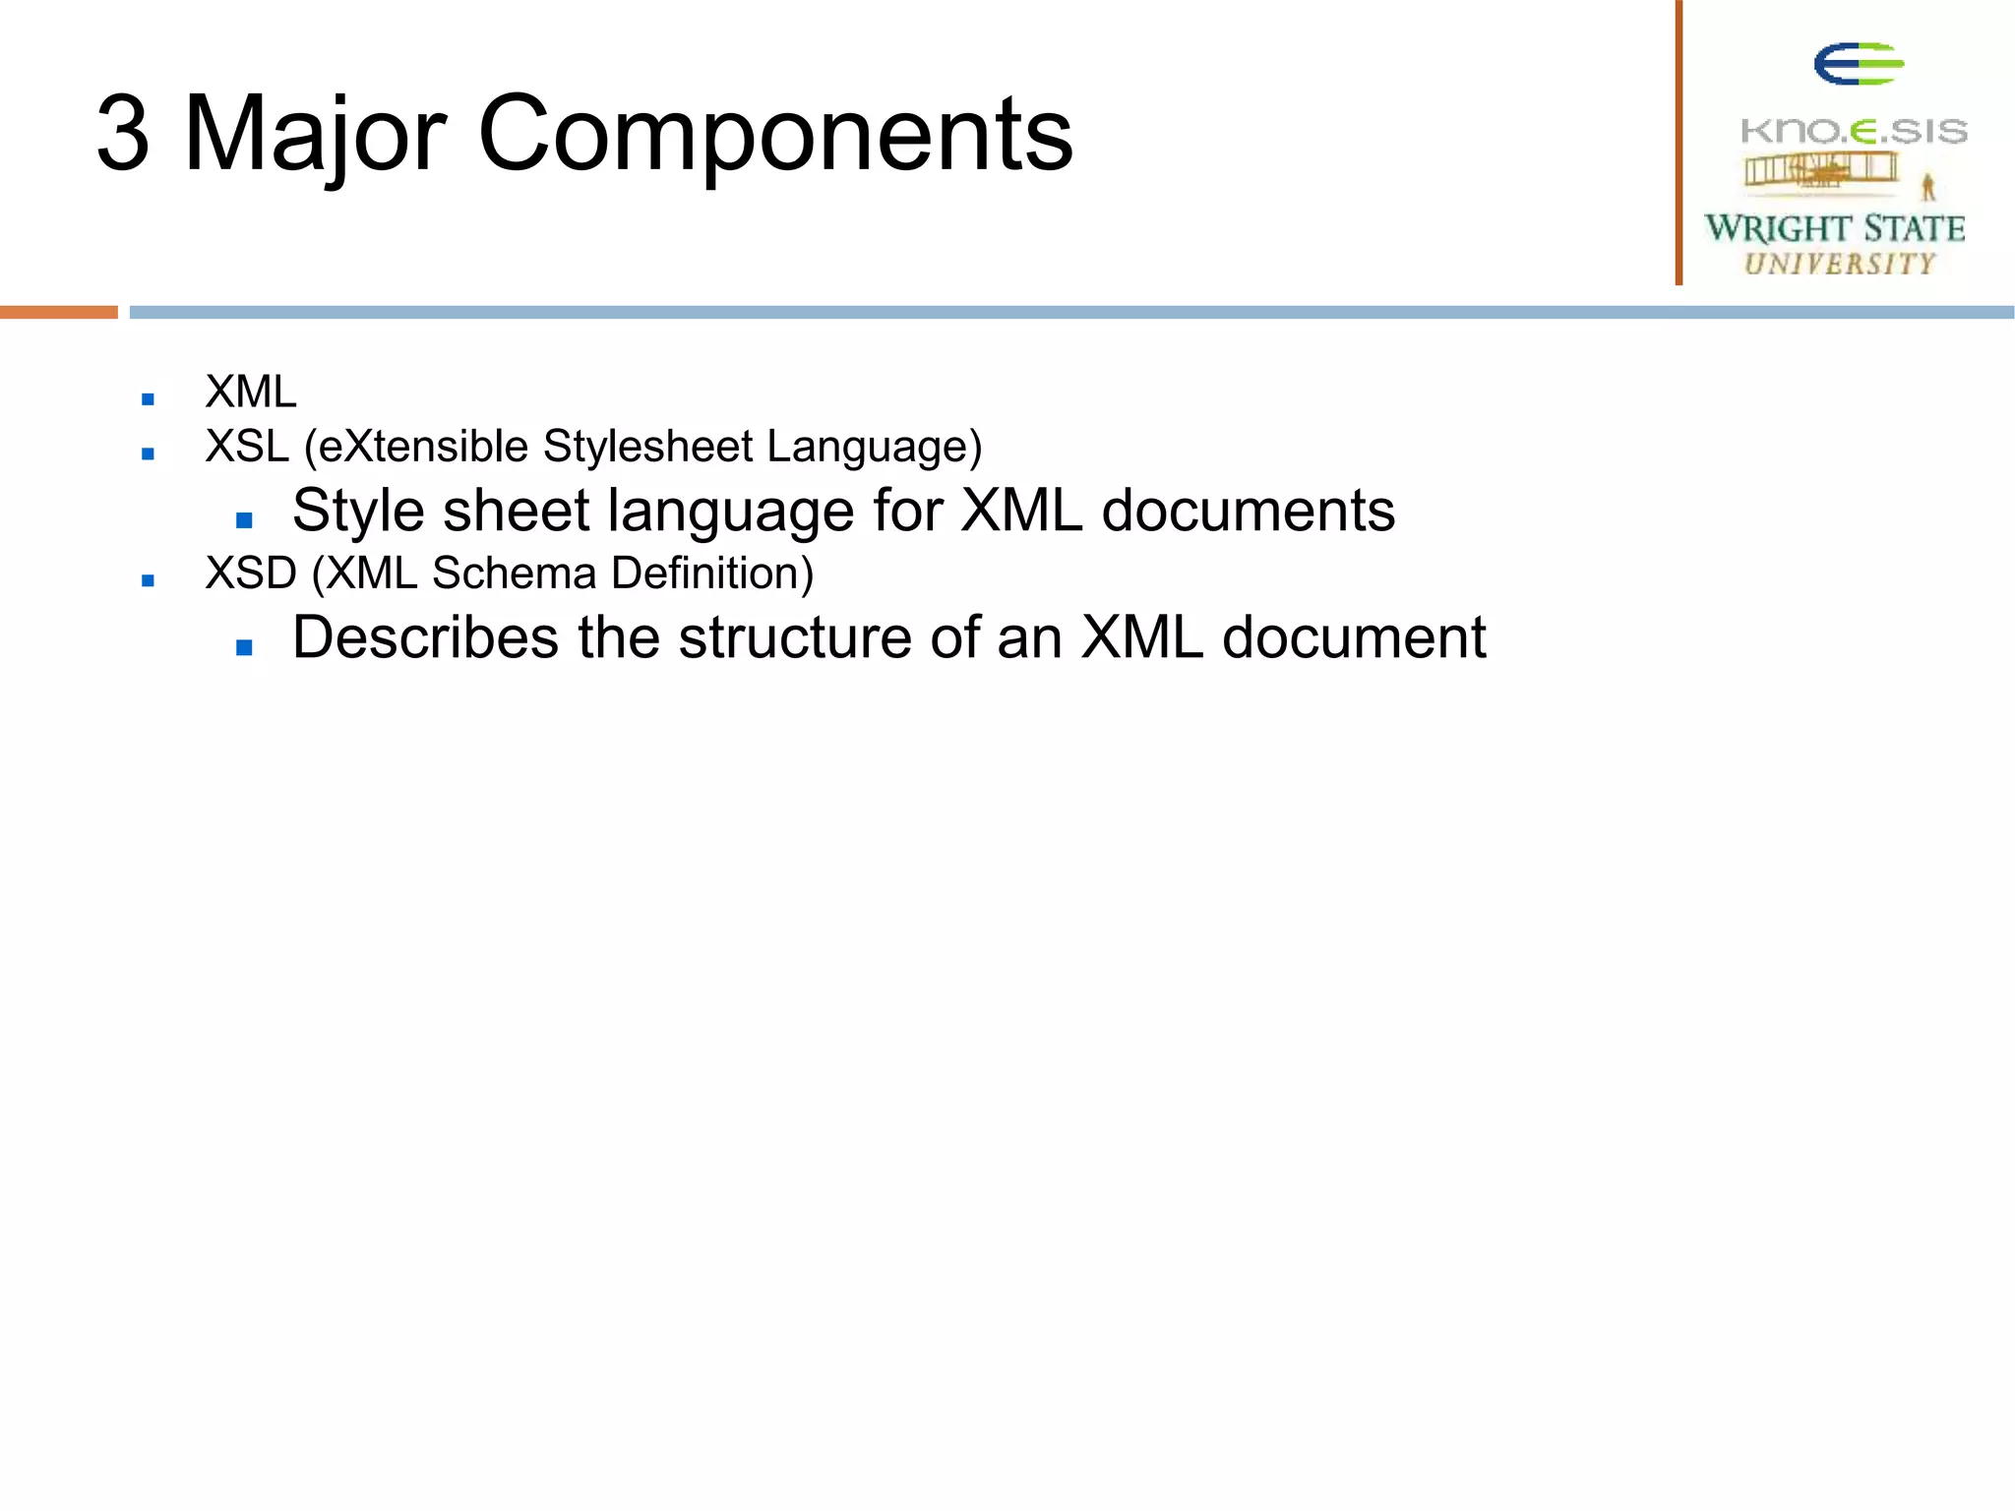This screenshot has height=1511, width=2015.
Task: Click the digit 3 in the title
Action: tap(124, 135)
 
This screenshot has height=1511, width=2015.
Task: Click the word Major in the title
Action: tap(315, 135)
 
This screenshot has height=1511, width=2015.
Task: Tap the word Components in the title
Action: tap(774, 135)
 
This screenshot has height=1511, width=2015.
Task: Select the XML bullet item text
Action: tap(251, 393)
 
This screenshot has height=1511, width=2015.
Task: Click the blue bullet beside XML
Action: tap(149, 398)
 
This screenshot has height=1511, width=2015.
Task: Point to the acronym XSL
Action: tap(247, 447)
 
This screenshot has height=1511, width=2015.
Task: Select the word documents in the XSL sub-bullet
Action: tap(1248, 512)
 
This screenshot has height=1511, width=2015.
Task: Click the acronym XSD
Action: tap(251, 574)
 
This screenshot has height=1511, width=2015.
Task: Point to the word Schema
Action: tap(514, 574)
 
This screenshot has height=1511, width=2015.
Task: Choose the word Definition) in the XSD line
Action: tap(711, 574)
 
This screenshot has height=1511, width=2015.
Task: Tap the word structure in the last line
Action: tap(795, 637)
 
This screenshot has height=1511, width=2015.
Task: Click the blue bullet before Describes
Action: tap(245, 647)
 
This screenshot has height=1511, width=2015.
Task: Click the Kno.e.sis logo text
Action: tap(1854, 131)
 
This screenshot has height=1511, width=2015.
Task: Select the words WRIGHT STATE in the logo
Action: tap(1835, 228)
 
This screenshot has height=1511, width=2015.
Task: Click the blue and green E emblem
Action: tap(1859, 64)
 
